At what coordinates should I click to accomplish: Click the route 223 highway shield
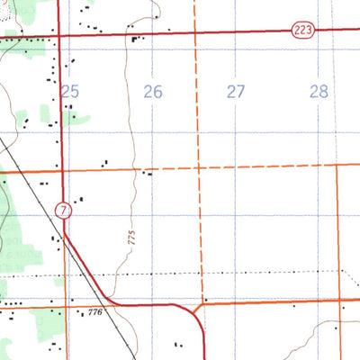click(x=301, y=31)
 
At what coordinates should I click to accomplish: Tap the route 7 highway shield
click(x=62, y=211)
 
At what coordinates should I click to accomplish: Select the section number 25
click(x=71, y=91)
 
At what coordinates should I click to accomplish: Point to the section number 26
click(x=153, y=91)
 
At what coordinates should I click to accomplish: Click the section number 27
click(x=236, y=91)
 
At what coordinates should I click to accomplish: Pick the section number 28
click(x=319, y=91)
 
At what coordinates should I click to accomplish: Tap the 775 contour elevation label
click(x=131, y=237)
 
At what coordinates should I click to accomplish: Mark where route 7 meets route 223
click(x=60, y=36)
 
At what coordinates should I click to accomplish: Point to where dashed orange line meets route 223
click(x=194, y=33)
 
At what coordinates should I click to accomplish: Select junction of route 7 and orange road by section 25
click(x=61, y=170)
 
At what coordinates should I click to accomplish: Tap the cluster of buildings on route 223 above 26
click(x=137, y=38)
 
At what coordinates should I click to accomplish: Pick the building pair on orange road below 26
click(x=147, y=174)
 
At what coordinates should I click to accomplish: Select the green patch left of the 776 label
click(x=40, y=317)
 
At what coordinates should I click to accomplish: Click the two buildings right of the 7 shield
click(x=81, y=200)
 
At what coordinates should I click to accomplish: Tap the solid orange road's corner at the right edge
click(x=337, y=165)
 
